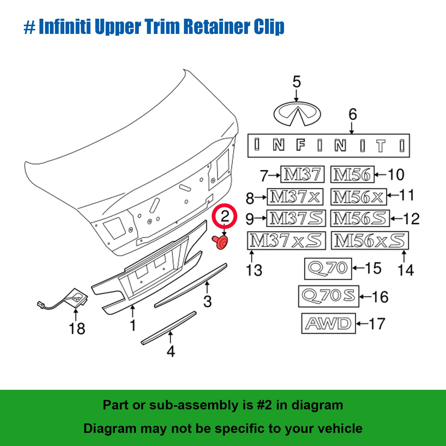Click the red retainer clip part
pyautogui.click(x=221, y=242)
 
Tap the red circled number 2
pyautogui.click(x=225, y=216)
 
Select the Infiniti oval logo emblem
pyautogui.click(x=297, y=114)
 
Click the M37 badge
pyautogui.click(x=302, y=175)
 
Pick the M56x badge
pyautogui.click(x=358, y=197)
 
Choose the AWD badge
pyautogui.click(x=328, y=323)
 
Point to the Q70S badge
pyautogui.click(x=329, y=296)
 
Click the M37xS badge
pyautogui.click(x=286, y=241)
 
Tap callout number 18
pyautogui.click(x=77, y=329)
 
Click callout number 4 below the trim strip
pyautogui.click(x=171, y=351)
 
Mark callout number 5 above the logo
pyautogui.click(x=296, y=82)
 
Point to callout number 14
pyautogui.click(x=406, y=270)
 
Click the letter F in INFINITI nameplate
pyautogui.click(x=301, y=145)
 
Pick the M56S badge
pyautogui.click(x=360, y=219)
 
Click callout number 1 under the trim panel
pyautogui.click(x=133, y=325)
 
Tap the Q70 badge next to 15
pyautogui.click(x=328, y=268)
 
